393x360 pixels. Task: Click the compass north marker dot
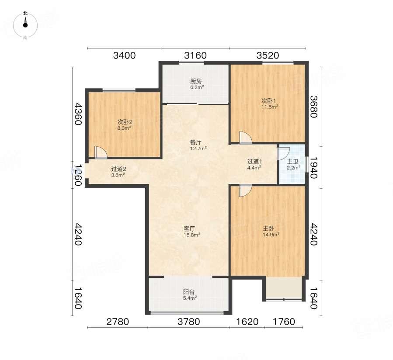click(25, 25)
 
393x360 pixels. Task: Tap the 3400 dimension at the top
click(124, 55)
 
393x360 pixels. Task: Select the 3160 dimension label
click(195, 55)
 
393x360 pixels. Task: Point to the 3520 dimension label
click(268, 55)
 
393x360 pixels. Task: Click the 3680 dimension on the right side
click(314, 107)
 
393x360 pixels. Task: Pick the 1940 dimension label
click(314, 167)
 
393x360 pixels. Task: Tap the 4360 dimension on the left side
click(78, 114)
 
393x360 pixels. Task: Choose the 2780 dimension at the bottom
click(118, 322)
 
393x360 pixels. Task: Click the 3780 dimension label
click(189, 322)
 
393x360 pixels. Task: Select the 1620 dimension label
click(247, 322)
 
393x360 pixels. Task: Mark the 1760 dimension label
click(284, 322)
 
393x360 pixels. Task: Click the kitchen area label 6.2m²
click(197, 87)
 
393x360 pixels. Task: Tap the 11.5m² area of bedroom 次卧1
click(270, 107)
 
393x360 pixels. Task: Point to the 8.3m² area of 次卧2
click(125, 128)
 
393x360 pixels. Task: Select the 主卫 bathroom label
click(292, 162)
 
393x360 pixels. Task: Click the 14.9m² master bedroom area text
click(271, 235)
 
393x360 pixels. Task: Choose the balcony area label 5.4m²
click(190, 298)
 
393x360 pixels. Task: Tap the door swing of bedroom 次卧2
click(101, 152)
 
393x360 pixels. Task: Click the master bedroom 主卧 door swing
click(245, 191)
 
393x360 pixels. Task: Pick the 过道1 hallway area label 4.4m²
click(254, 168)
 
